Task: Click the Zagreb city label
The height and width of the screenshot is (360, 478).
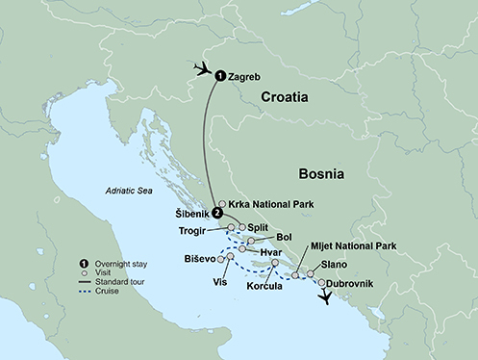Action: point(246,75)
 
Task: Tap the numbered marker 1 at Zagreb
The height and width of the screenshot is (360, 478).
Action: point(219,75)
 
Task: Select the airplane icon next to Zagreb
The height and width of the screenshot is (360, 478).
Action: point(202,68)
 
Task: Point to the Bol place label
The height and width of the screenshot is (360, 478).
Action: point(284,236)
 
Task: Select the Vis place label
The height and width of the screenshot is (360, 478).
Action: point(220,282)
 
